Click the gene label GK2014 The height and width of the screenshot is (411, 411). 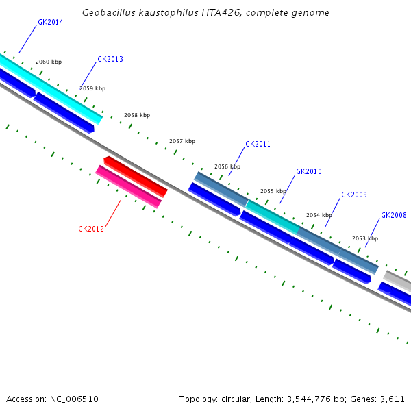(51, 23)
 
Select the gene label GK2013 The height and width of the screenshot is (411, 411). (110, 60)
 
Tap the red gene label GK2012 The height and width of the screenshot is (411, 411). (91, 229)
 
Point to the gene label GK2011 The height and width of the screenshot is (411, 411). (258, 145)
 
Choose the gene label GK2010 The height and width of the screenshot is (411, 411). (308, 172)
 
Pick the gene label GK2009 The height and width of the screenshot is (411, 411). (354, 195)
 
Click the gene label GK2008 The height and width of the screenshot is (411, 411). (394, 216)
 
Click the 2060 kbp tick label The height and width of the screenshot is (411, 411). (49, 62)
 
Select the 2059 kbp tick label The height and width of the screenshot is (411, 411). (92, 88)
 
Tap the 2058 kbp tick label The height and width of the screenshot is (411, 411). (137, 116)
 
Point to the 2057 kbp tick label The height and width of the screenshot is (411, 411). (182, 142)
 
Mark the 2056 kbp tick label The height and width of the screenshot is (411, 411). (227, 167)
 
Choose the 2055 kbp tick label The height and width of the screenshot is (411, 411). (273, 192)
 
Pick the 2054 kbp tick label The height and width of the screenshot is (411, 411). (319, 216)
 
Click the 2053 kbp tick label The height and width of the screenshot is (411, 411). (364, 239)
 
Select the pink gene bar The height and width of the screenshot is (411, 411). (129, 186)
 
